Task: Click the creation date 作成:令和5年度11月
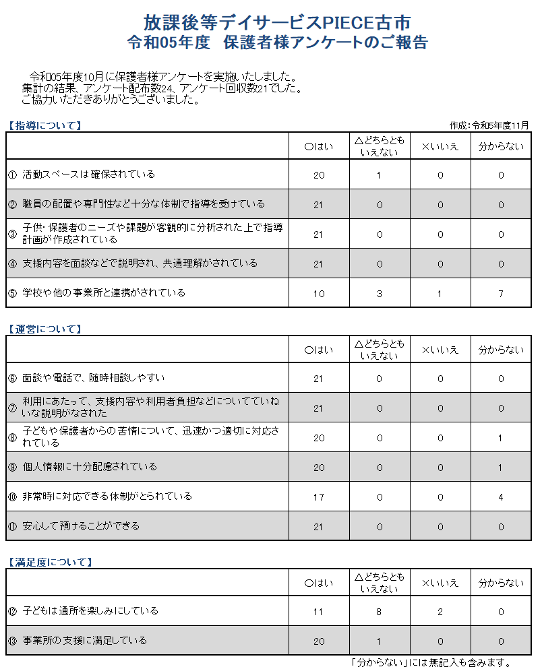click(x=489, y=125)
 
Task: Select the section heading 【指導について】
click(x=44, y=125)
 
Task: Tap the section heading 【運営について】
click(x=44, y=329)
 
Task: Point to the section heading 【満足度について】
click(x=49, y=562)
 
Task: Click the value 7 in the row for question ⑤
click(x=501, y=293)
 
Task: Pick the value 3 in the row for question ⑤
click(x=380, y=293)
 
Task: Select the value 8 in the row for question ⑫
click(x=380, y=612)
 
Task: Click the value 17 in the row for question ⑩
click(x=319, y=497)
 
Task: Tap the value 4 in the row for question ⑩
click(x=501, y=497)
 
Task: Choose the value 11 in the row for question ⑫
click(x=319, y=612)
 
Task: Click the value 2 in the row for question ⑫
click(x=440, y=612)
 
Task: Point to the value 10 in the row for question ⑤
click(x=319, y=293)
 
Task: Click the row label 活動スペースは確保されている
click(x=88, y=174)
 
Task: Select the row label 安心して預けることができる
click(x=81, y=526)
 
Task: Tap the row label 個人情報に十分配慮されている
click(x=90, y=467)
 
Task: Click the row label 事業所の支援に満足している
click(x=84, y=641)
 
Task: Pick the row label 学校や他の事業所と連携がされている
click(x=103, y=293)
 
